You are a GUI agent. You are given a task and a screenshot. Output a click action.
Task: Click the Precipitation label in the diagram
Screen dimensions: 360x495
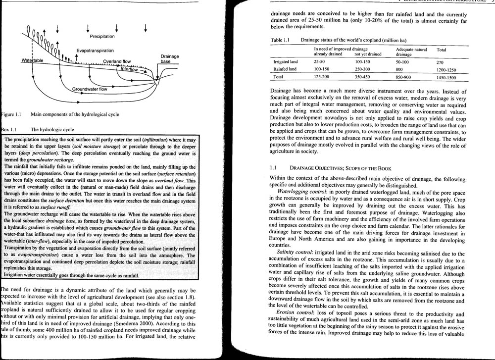pos(102,36)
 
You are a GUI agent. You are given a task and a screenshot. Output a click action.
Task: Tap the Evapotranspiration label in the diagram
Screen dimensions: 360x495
pos(95,51)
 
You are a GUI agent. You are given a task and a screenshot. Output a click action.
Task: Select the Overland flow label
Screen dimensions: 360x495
pos(117,62)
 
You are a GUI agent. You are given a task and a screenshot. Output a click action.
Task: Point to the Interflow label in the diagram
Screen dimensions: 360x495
pos(129,69)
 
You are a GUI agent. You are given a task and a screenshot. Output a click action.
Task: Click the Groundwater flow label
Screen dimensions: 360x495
pos(90,89)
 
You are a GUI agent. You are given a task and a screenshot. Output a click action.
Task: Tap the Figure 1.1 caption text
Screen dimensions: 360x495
pos(74,115)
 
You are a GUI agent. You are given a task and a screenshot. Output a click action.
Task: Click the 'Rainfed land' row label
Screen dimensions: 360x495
pos(285,69)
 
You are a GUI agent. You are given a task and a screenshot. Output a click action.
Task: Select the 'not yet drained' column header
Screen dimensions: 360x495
pos(368,54)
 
